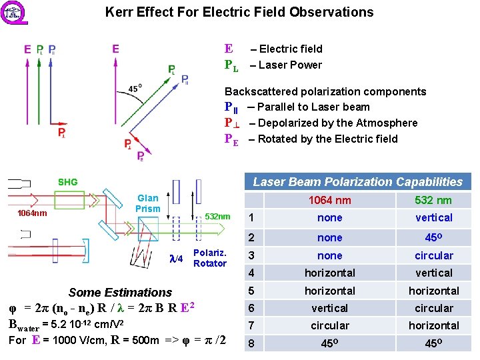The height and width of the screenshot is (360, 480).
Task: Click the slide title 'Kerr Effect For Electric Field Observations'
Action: [239, 12]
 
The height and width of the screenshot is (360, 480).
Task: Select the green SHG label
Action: [67, 182]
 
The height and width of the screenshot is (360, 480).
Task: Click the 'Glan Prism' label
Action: [148, 203]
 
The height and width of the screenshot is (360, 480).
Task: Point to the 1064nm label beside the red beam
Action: [31, 213]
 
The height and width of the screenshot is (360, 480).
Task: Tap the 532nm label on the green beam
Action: [217, 217]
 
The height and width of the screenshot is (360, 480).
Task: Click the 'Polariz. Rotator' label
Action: [210, 258]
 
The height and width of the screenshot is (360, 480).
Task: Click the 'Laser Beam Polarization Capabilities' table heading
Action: [357, 182]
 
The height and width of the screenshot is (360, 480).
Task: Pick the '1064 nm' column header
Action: [329, 200]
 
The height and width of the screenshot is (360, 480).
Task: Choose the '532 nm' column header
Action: [433, 200]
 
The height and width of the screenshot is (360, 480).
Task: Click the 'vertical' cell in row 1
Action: [433, 218]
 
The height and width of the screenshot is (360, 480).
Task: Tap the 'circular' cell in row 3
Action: [433, 255]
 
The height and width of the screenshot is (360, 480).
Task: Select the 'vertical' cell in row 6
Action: [329, 308]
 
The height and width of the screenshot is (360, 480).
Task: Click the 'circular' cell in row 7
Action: [329, 325]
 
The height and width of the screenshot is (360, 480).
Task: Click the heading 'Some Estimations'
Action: [120, 292]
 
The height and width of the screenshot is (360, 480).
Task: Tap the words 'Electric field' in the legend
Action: [291, 49]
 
